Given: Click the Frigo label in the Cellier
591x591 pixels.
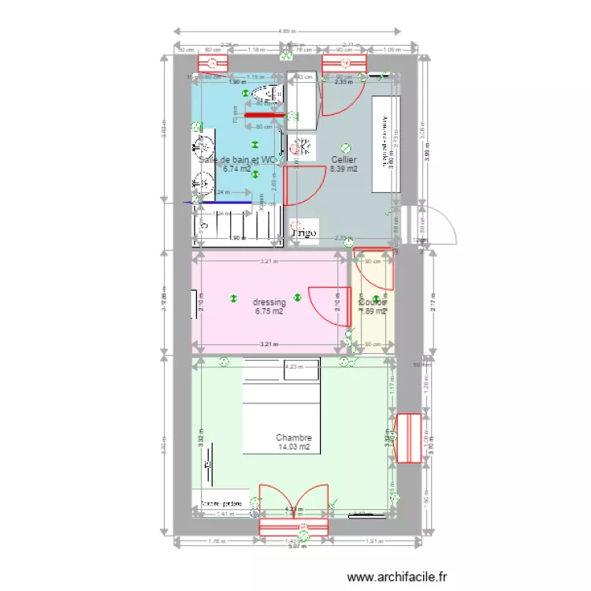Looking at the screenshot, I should click(304, 233).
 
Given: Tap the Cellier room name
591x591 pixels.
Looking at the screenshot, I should click(344, 159).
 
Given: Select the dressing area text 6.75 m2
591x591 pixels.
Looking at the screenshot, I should click(269, 311).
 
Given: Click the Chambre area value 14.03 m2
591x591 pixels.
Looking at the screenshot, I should click(294, 447).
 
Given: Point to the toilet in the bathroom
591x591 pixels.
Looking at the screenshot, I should click(265, 95).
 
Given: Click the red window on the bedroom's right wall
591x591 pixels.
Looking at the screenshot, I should click(409, 437).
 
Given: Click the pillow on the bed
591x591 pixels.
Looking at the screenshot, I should click(281, 370).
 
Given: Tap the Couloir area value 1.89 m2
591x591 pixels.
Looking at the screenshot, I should click(372, 311).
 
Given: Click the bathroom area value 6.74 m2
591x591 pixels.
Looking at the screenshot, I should click(236, 168).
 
